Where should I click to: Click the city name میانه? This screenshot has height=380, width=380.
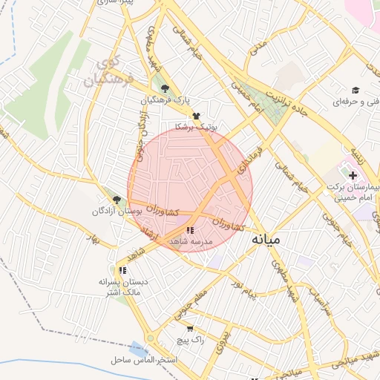267,240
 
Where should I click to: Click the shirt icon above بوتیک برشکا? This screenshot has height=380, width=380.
196,117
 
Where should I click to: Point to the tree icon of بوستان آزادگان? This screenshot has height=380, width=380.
117,199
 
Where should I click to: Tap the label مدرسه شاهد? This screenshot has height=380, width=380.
191,242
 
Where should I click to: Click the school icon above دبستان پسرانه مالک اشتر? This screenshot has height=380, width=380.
122,272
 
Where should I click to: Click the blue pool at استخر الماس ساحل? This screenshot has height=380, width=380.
138,348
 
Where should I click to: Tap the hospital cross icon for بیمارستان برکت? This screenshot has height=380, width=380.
353,175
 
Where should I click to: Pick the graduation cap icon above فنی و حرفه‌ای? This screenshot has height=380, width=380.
356,90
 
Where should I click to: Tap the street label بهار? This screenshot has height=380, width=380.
95,238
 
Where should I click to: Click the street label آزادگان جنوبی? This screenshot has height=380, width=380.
140,134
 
